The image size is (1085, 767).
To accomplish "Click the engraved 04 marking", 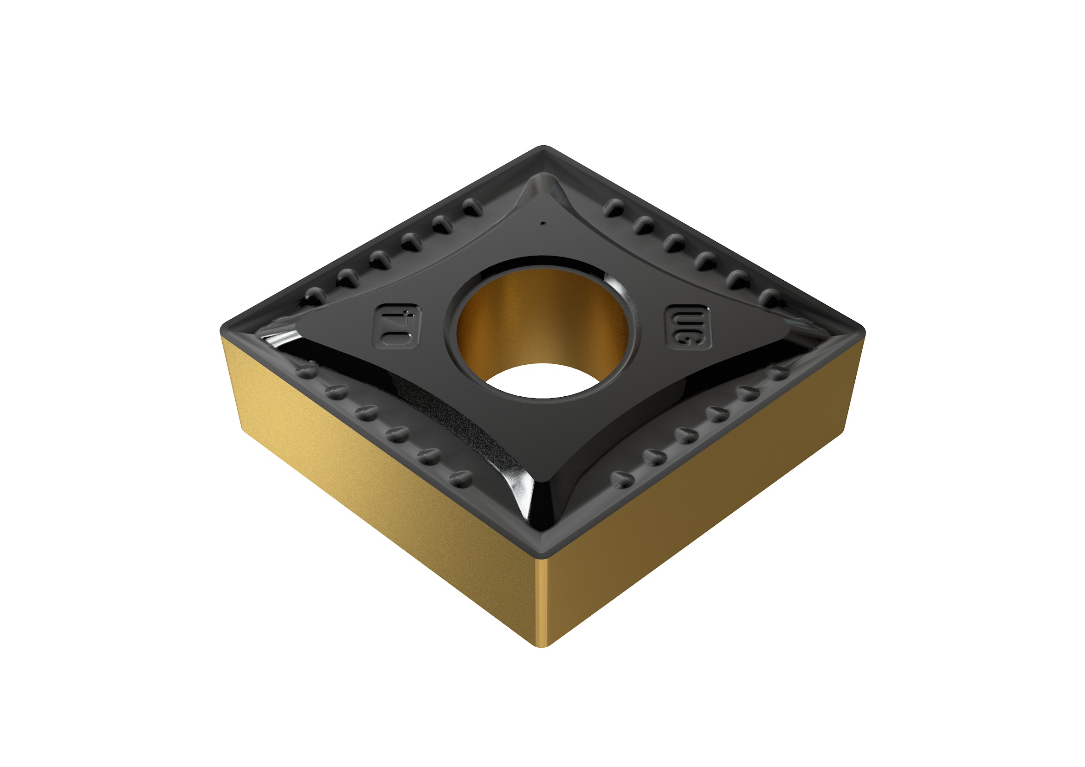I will [x=397, y=327].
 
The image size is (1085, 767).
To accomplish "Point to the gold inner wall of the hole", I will [x=543, y=322].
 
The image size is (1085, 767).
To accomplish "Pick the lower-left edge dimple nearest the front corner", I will [x=461, y=479].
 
